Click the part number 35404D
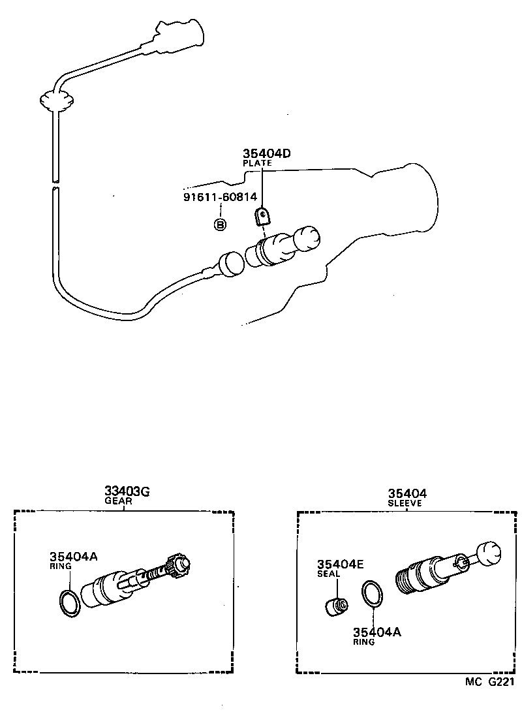click(x=266, y=153)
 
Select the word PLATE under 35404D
click(x=257, y=162)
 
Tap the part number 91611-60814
click(x=219, y=196)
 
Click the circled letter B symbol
click(x=220, y=224)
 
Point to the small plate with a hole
click(x=261, y=216)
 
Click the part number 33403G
click(x=127, y=491)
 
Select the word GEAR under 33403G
click(x=118, y=501)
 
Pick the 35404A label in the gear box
click(x=73, y=556)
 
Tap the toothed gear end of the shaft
click(x=178, y=563)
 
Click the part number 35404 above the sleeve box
click(x=407, y=494)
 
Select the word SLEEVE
click(x=405, y=503)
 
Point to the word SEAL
click(x=328, y=574)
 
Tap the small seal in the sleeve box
click(x=337, y=606)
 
